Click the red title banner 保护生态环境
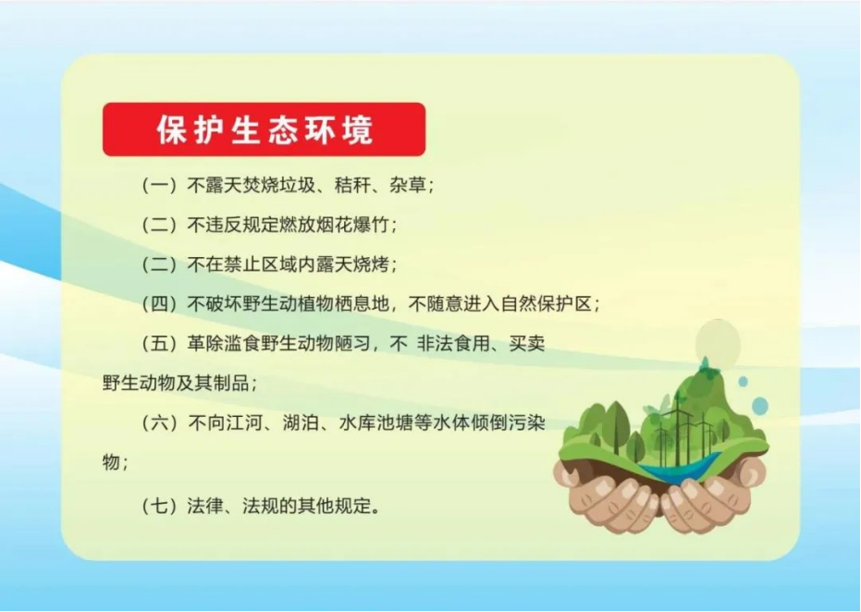click(x=264, y=129)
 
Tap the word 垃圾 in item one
click(x=297, y=185)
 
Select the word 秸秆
click(x=352, y=185)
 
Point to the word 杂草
click(x=408, y=185)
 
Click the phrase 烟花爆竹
click(x=352, y=225)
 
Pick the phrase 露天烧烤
click(x=352, y=264)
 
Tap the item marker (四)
click(x=159, y=304)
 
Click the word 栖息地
click(x=362, y=304)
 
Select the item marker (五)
click(x=159, y=344)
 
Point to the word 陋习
click(x=352, y=344)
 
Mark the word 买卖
click(x=527, y=344)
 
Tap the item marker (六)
click(x=159, y=423)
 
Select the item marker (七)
click(x=159, y=506)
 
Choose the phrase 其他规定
click(x=335, y=506)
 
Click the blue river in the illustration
click(x=680, y=468)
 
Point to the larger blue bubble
click(x=760, y=406)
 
